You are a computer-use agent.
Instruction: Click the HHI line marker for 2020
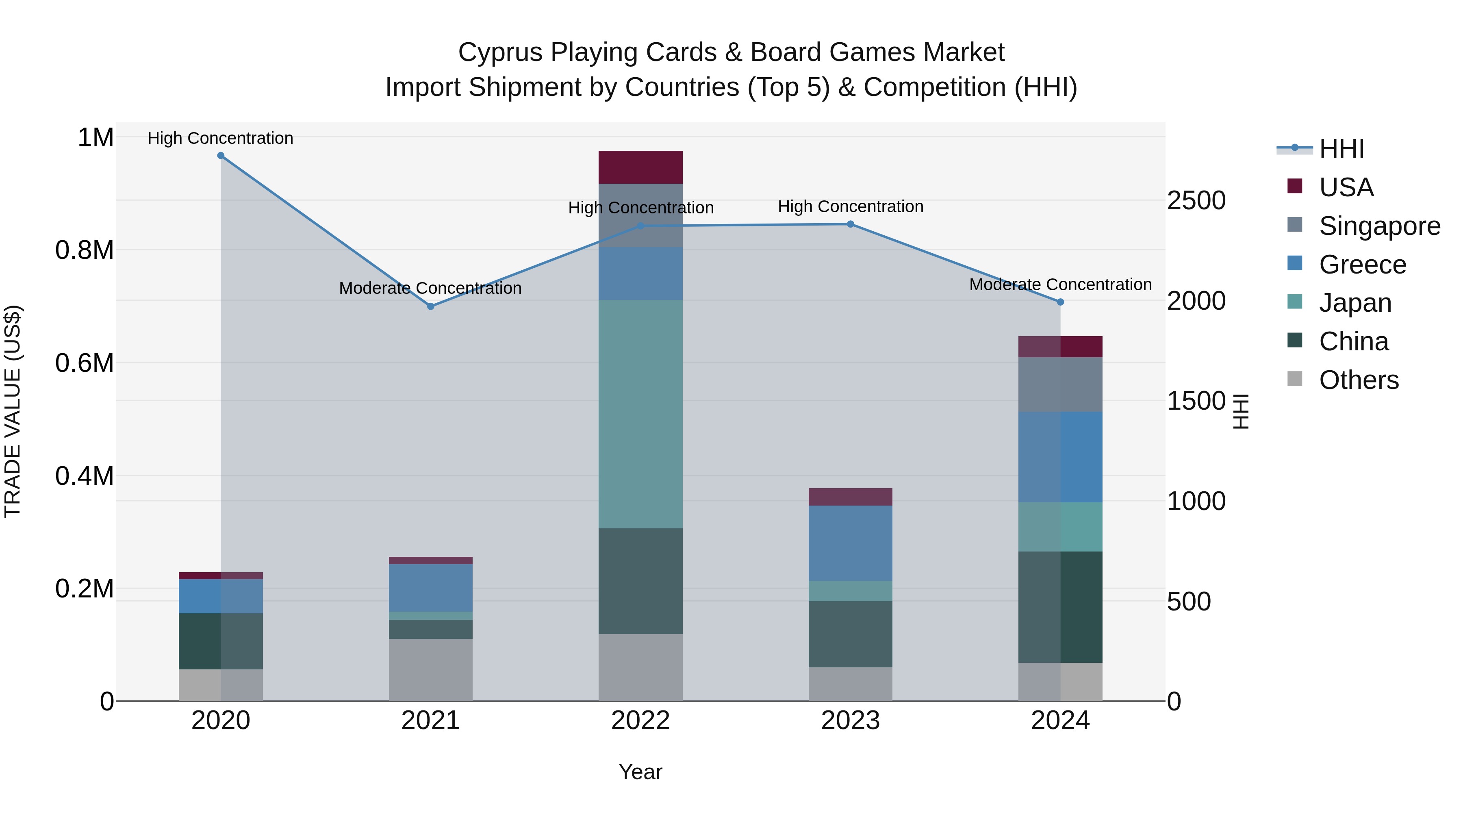coord(221,156)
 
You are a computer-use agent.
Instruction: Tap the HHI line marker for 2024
coord(1060,302)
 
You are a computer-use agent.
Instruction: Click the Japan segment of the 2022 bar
coord(640,414)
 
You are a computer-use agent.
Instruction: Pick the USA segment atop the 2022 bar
coord(640,167)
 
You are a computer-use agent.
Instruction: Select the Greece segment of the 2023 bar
coord(850,543)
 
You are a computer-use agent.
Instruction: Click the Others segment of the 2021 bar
coord(430,670)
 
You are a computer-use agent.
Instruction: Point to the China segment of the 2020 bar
coord(221,641)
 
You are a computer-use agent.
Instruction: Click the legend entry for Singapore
coord(1379,226)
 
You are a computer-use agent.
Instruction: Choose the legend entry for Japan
coord(1354,303)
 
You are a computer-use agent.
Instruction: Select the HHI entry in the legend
coord(1341,149)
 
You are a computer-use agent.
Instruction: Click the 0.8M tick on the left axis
coord(85,250)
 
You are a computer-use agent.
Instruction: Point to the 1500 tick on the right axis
coord(1196,401)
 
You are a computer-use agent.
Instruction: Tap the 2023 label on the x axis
coord(850,721)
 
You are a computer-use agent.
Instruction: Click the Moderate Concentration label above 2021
coord(430,289)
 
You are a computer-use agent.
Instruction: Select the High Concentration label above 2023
coord(850,207)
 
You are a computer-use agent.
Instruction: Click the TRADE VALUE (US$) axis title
coord(13,411)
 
